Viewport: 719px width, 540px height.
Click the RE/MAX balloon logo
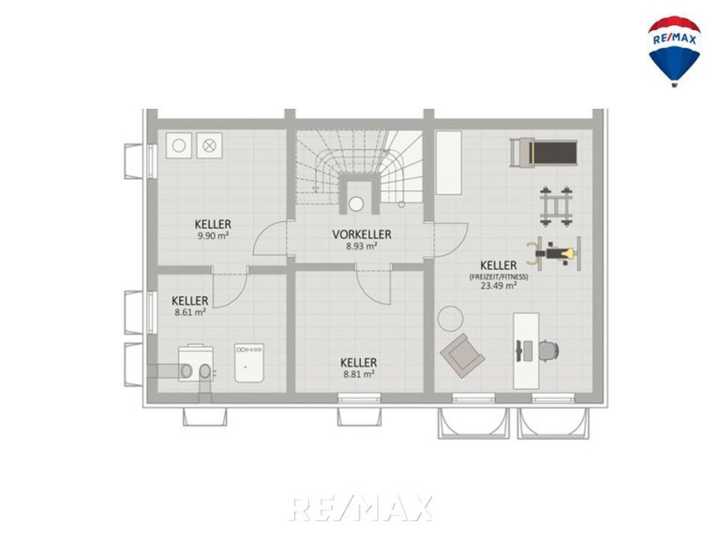674,51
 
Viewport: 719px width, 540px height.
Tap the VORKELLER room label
362,234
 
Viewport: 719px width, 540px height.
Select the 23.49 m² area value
499,286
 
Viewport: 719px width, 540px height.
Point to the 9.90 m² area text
213,236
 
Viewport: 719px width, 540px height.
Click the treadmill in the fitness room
544,152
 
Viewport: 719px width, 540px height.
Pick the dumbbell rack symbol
556,206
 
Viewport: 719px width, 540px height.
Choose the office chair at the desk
548,352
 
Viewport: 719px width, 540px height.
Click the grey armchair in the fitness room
462,355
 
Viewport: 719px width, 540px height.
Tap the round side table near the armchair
450,319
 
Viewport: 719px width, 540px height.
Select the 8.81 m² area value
359,374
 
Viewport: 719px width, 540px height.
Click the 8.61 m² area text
190,312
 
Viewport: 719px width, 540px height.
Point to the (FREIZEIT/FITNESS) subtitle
499,277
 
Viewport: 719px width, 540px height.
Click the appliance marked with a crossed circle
210,145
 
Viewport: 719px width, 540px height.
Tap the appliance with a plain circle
179,145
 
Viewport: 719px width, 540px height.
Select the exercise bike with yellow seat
554,253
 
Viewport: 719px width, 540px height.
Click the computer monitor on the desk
518,352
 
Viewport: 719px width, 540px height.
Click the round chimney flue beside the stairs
356,204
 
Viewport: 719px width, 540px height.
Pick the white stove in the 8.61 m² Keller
249,363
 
